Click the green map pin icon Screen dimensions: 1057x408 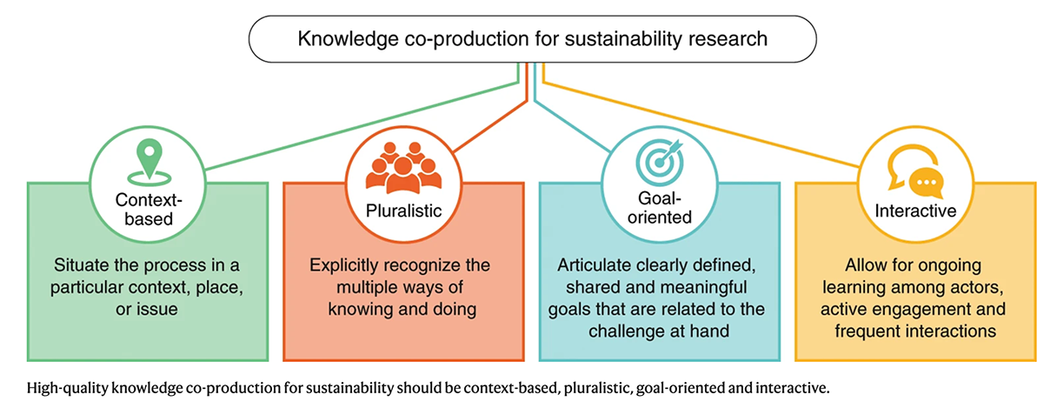[150, 162]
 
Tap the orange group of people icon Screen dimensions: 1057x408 [403, 168]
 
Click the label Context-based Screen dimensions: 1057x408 [149, 210]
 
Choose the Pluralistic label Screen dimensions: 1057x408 [403, 211]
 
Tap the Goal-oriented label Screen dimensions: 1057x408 [660, 208]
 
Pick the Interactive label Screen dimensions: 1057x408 [915, 211]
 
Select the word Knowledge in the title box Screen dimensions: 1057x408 [348, 39]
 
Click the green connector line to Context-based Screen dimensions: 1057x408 [362, 125]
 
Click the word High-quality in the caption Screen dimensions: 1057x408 [68, 388]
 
